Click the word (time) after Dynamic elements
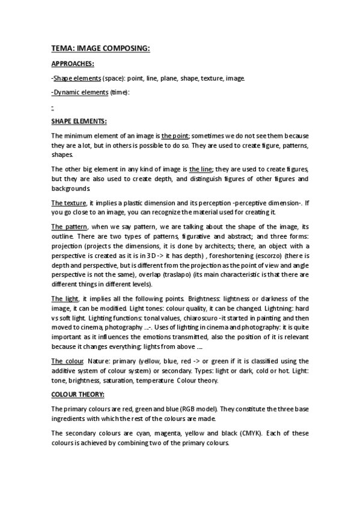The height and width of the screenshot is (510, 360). click(x=120, y=92)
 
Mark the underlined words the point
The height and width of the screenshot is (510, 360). click(x=175, y=136)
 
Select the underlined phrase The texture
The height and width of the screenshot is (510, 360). click(x=69, y=203)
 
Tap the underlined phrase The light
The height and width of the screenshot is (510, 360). click(x=65, y=299)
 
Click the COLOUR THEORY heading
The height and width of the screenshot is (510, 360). click(x=78, y=395)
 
